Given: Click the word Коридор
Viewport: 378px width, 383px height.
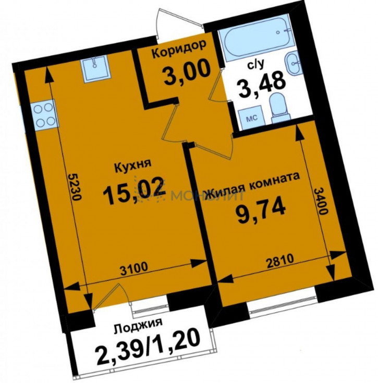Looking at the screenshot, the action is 178,50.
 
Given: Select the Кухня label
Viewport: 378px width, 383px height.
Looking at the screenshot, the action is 133,167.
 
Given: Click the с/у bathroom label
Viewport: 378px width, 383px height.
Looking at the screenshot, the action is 256,65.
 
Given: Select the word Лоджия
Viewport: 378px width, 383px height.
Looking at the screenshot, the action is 138,326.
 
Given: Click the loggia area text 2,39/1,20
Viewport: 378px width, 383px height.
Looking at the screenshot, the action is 148,348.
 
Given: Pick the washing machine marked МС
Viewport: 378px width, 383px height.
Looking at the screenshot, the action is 251,119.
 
